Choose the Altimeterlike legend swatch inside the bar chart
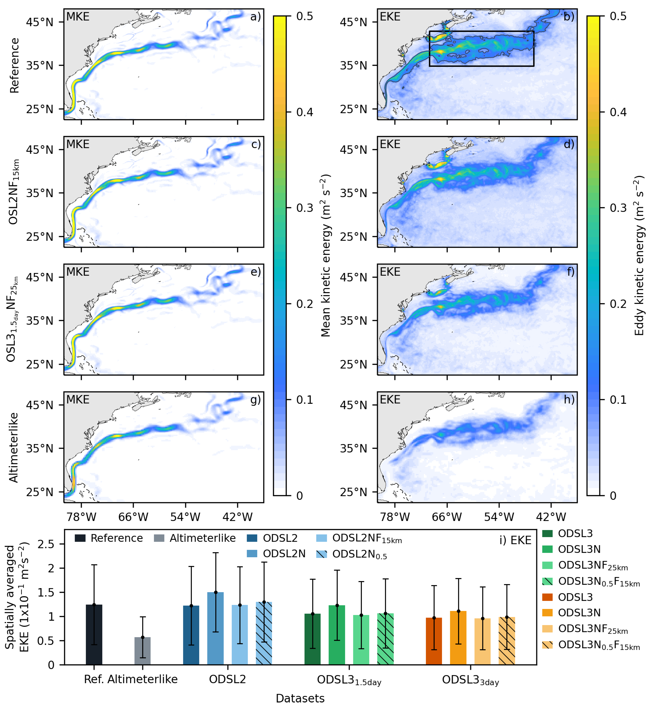point(159,539)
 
